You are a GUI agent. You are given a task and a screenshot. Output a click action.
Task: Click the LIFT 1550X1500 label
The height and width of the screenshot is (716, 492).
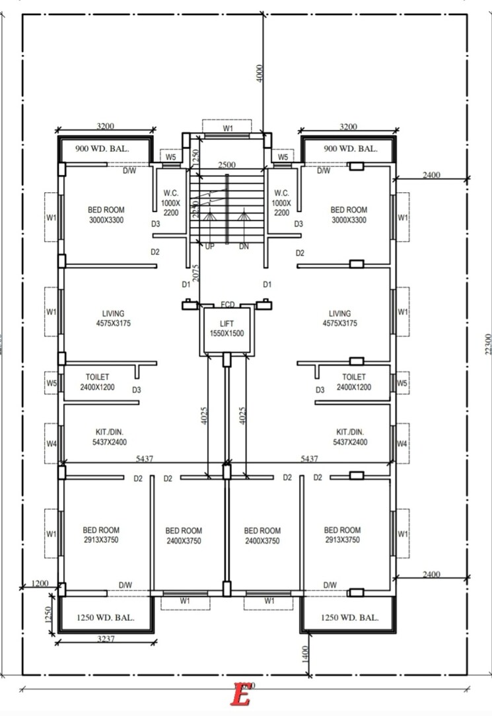click(227, 328)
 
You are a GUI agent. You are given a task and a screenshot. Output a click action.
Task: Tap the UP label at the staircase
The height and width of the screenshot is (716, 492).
click(209, 246)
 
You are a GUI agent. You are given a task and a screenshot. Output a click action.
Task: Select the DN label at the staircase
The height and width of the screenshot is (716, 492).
click(244, 246)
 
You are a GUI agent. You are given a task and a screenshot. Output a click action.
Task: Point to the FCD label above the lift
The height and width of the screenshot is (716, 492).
click(228, 304)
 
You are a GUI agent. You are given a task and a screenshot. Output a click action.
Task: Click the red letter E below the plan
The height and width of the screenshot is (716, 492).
click(242, 696)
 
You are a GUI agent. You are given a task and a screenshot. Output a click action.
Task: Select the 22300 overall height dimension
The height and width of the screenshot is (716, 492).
click(487, 343)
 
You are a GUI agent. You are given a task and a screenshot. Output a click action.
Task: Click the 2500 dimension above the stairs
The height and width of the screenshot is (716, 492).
click(227, 164)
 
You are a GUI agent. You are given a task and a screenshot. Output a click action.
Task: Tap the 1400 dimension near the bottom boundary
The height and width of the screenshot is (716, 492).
click(305, 653)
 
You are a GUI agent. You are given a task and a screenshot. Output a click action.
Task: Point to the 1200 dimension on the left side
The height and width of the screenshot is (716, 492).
click(40, 583)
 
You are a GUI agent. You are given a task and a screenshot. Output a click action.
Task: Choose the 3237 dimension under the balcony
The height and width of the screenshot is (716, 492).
click(108, 639)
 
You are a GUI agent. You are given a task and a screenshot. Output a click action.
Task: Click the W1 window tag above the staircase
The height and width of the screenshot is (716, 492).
click(227, 128)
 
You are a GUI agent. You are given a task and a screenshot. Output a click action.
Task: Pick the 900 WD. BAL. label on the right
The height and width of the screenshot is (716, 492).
click(350, 149)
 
